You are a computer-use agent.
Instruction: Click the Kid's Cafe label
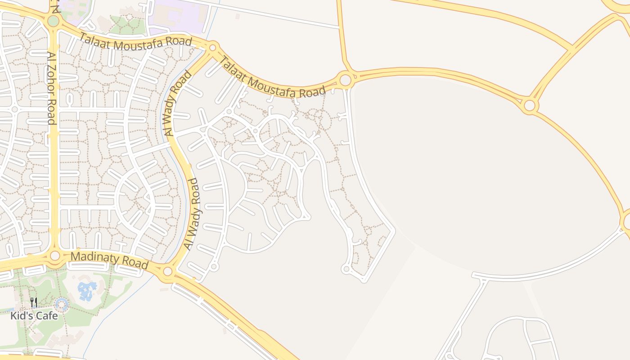34,315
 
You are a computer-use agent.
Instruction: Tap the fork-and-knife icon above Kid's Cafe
34,302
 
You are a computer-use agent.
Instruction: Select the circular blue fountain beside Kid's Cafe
62,306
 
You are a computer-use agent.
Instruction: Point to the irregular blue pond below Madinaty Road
87,290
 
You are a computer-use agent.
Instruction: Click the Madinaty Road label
109,261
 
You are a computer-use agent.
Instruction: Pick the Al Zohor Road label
51,87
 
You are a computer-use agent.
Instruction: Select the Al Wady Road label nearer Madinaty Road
191,214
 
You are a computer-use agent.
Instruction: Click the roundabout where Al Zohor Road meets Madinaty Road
55,256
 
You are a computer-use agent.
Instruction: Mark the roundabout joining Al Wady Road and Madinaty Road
167,271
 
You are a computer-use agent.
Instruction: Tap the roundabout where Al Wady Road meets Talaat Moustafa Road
213,47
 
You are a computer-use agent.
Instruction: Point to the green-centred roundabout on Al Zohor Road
53,21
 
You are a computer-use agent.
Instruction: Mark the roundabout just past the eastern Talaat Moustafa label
345,81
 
